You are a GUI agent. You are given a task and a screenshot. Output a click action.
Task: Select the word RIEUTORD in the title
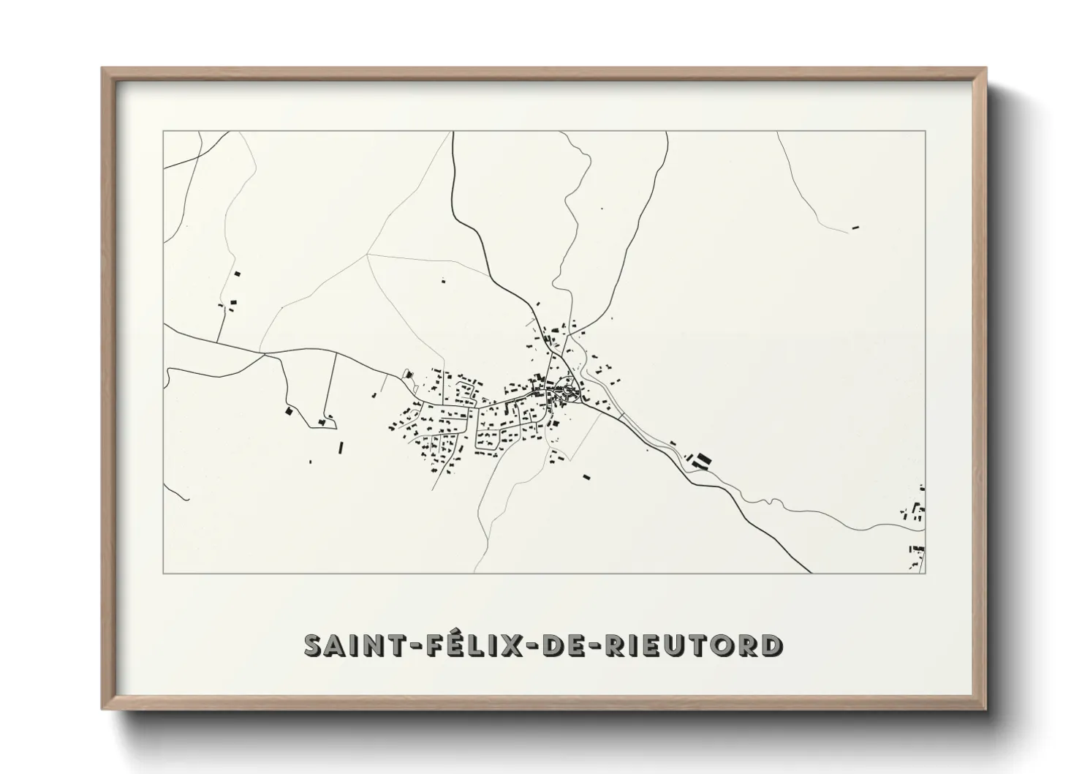pyautogui.click(x=689, y=645)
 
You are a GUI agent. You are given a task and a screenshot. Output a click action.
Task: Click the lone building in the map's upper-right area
pyautogui.click(x=855, y=228)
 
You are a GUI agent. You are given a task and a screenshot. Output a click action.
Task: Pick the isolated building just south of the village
pyautogui.click(x=586, y=476)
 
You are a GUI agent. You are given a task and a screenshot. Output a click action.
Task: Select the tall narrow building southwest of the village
pyautogui.click(x=338, y=446)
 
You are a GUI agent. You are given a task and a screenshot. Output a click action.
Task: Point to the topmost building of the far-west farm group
pyautogui.click(x=237, y=274)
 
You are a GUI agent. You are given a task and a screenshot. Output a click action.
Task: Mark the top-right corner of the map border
pyautogui.click(x=926, y=131)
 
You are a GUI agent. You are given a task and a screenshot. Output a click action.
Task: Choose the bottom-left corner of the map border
pyautogui.click(x=163, y=574)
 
